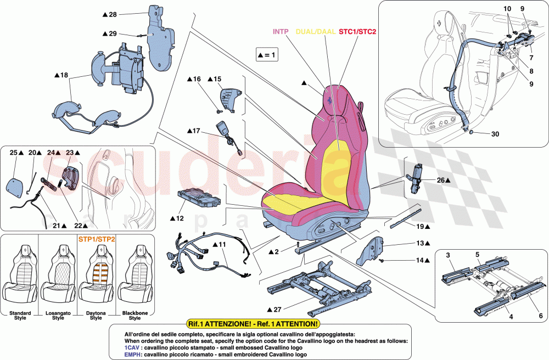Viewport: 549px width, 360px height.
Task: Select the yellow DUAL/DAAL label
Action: tap(316, 32)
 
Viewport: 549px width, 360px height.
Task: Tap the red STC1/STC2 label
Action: tap(357, 32)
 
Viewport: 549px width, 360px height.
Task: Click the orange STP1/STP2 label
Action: tap(96, 239)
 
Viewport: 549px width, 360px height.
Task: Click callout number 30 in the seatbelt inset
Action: tap(481, 134)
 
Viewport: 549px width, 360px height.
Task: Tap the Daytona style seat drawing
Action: tap(96, 274)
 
